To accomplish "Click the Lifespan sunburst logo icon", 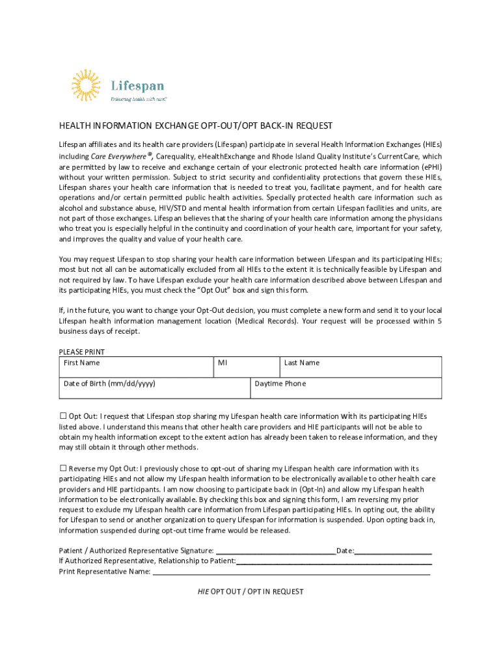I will click(85, 86).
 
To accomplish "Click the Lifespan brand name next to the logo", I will click(137, 86).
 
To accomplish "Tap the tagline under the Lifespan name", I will click(139, 100).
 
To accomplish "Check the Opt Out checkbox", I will click(63, 416).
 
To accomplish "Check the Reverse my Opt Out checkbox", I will click(63, 468).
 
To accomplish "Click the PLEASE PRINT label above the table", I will click(81, 352).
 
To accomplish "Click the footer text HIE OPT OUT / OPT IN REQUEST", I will click(251, 592).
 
